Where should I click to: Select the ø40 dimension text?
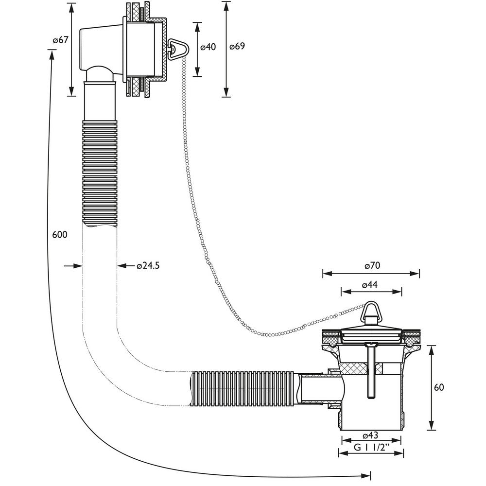[x=208, y=47]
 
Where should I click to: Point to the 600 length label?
[x=59, y=235]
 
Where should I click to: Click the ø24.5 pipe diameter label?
[x=148, y=266]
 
